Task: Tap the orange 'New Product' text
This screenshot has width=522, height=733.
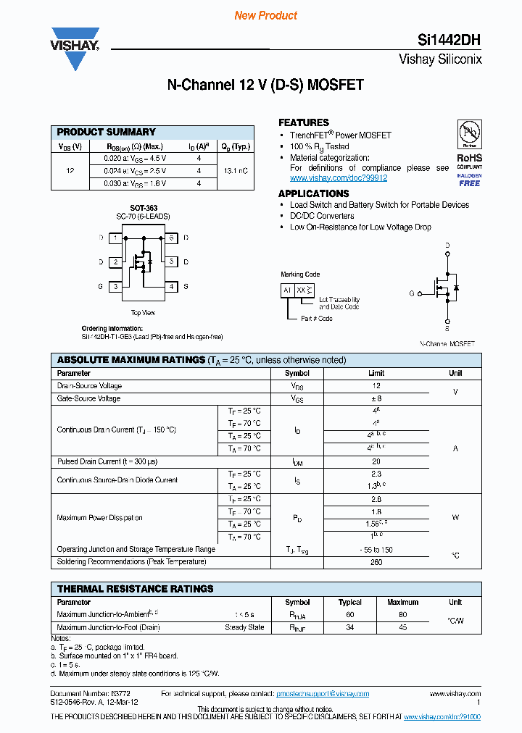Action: pos(266,15)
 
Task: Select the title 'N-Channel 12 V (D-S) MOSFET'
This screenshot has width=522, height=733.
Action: pos(265,85)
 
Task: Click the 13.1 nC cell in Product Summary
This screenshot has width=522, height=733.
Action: pos(236,171)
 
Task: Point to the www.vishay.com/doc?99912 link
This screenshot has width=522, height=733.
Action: pos(339,177)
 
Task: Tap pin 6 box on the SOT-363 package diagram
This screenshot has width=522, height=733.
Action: pos(171,238)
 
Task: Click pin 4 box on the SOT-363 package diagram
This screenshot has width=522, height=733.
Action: pos(171,287)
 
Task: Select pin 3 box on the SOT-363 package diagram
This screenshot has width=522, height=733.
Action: pos(115,287)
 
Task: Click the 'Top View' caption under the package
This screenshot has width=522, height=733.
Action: pos(142,313)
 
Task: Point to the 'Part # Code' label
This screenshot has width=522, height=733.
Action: pos(316,318)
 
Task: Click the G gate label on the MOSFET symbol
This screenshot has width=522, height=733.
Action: pos(412,293)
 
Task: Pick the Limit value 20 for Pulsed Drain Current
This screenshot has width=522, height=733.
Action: pos(376,461)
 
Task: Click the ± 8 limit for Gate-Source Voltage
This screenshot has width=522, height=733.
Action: pos(376,398)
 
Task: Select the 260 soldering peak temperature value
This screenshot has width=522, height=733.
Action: pos(376,562)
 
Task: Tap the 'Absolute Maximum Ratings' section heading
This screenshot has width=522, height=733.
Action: pos(141,360)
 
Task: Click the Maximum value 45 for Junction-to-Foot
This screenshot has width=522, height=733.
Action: pos(402,627)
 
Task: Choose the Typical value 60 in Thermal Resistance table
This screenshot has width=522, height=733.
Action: pos(350,614)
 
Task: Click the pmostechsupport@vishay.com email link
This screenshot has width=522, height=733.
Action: pos(323,694)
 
